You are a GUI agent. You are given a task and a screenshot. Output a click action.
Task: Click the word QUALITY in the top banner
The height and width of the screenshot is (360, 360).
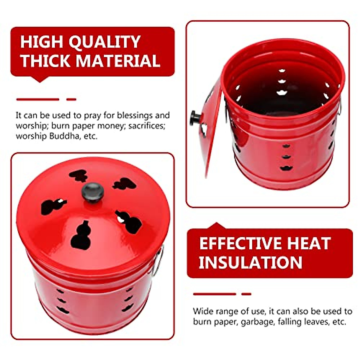tap(104, 42)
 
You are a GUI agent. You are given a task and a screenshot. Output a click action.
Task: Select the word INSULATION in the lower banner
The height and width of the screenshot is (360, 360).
tap(250, 262)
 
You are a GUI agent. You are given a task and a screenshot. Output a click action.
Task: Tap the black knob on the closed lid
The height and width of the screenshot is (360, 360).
tap(93, 192)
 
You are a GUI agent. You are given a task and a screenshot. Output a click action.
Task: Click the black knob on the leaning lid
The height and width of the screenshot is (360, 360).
tap(194, 118)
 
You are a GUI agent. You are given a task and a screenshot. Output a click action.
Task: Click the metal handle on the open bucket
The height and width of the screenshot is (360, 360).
tap(339, 108)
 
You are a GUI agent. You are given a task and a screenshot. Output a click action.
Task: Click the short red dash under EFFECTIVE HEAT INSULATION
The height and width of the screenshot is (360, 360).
tap(246, 294)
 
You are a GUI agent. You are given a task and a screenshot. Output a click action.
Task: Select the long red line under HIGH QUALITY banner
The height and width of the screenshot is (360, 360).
tap(38, 99)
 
